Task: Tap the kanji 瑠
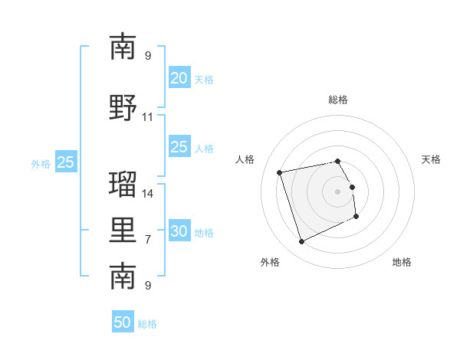point(123,184)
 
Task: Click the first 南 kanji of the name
point(123,47)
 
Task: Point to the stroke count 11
point(148,117)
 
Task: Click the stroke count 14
point(148,194)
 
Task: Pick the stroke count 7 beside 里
point(148,240)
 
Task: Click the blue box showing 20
point(179,78)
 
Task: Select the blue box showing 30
point(179,231)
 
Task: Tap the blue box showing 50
point(123,322)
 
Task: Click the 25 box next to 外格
point(66,162)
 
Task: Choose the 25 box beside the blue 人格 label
point(179,147)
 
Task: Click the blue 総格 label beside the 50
point(147,324)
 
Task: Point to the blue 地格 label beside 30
point(204,233)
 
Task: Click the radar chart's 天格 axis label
point(431,159)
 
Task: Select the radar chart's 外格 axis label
point(269,262)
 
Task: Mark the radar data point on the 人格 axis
point(280,172)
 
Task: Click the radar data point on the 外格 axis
point(301,242)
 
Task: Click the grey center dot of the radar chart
point(337,191)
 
